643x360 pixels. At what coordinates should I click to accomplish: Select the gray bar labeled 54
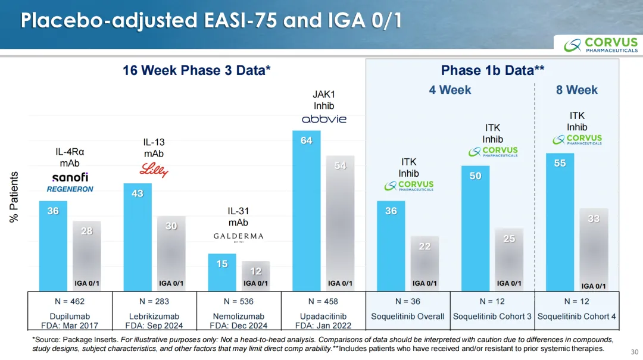pos(341,223)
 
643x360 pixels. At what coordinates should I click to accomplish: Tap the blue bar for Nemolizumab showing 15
pos(222,271)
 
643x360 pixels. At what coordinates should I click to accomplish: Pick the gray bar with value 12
pos(256,275)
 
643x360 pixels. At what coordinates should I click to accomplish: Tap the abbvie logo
pos(324,119)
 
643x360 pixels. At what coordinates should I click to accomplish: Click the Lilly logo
pos(154,170)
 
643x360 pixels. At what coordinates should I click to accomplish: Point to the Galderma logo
pos(238,237)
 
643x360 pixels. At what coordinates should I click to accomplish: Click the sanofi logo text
pos(70,177)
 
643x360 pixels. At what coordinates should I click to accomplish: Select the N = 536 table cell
pos(239,301)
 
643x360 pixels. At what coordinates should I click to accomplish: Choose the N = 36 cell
pos(408,301)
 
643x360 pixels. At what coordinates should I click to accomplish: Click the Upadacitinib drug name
pos(323,316)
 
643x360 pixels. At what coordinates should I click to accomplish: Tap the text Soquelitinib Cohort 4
pos(577,316)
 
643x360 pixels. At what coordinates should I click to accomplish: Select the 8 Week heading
pos(576,90)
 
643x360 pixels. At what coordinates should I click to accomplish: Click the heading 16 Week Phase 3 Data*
pos(196,70)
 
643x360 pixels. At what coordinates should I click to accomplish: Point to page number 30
pos(633,351)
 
